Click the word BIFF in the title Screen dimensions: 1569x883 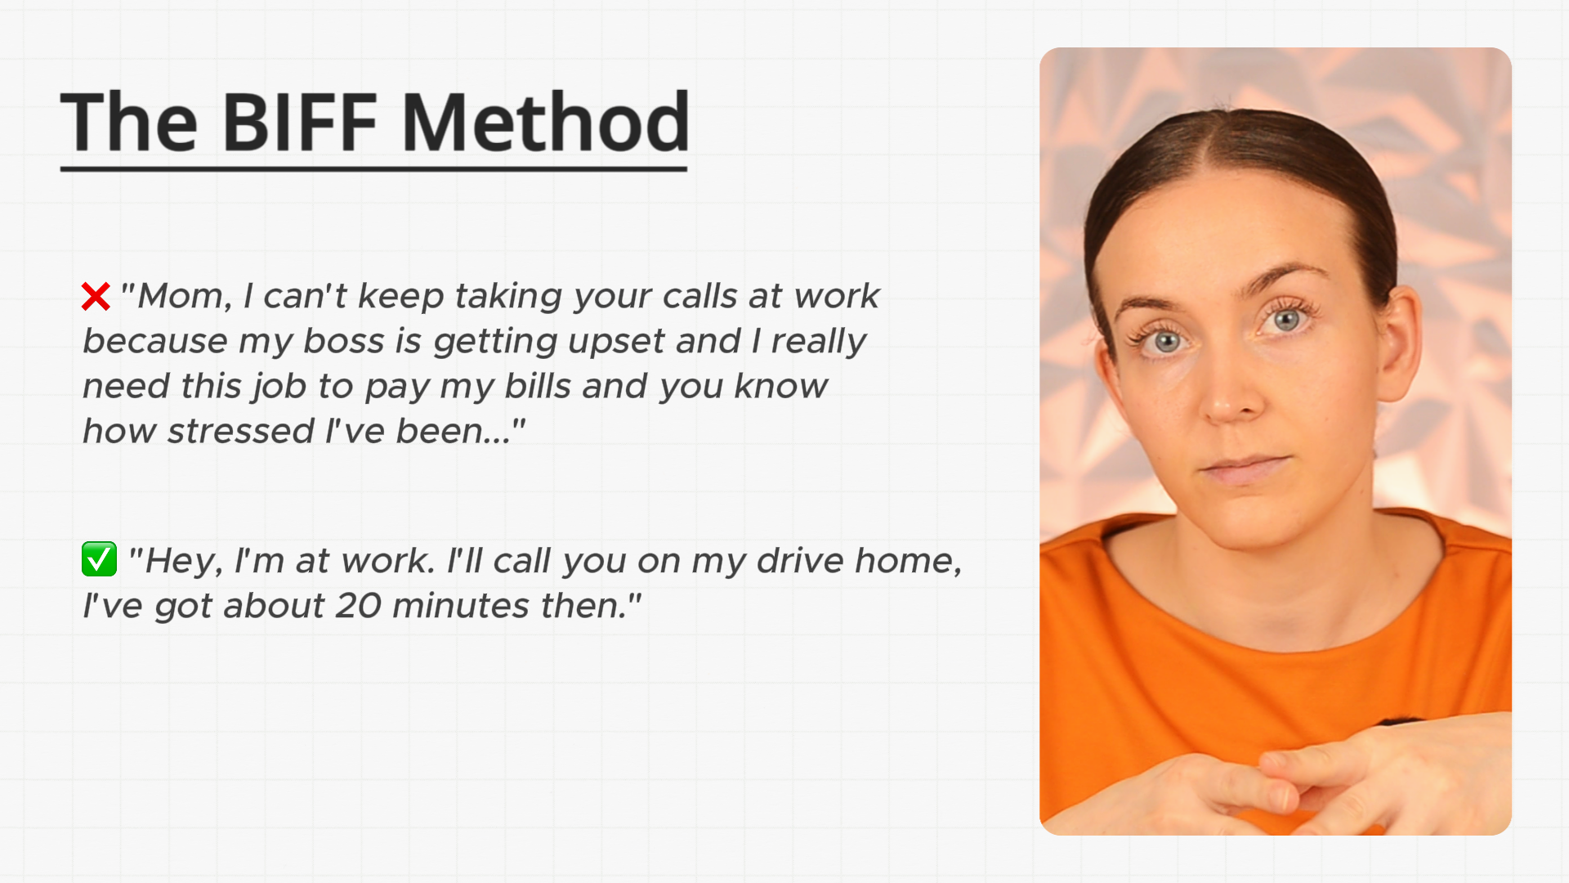point(299,123)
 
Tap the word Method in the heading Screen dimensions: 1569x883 point(546,123)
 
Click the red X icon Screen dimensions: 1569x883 point(96,297)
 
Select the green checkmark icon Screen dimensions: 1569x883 point(99,559)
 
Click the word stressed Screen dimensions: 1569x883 point(241,431)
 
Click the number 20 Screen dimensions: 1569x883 point(358,606)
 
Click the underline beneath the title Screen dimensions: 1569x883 point(373,168)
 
